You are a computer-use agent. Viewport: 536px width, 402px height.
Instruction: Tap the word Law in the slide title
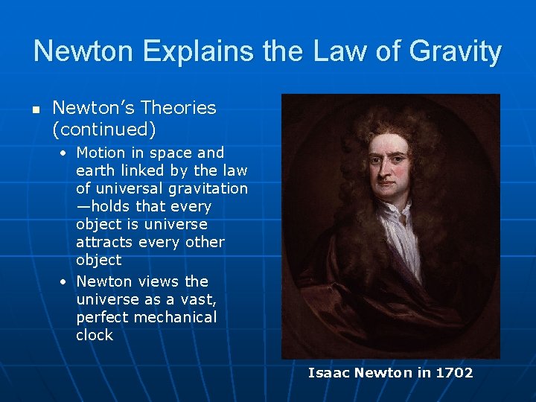tap(331, 52)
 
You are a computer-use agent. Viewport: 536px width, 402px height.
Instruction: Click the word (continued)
tap(104, 130)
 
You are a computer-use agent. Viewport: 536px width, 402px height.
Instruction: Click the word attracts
tap(109, 242)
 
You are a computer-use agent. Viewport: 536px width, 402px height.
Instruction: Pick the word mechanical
tap(176, 317)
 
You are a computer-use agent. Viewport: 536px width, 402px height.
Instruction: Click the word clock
tap(95, 335)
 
